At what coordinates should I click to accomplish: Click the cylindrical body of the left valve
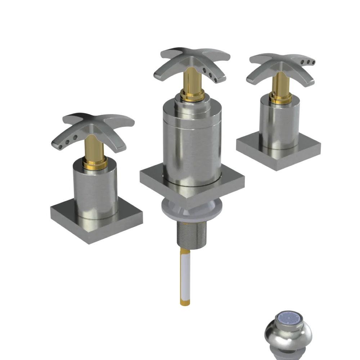[x=95, y=191]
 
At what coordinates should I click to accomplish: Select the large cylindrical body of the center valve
[x=191, y=144]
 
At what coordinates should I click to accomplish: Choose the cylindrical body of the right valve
[x=280, y=122]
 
